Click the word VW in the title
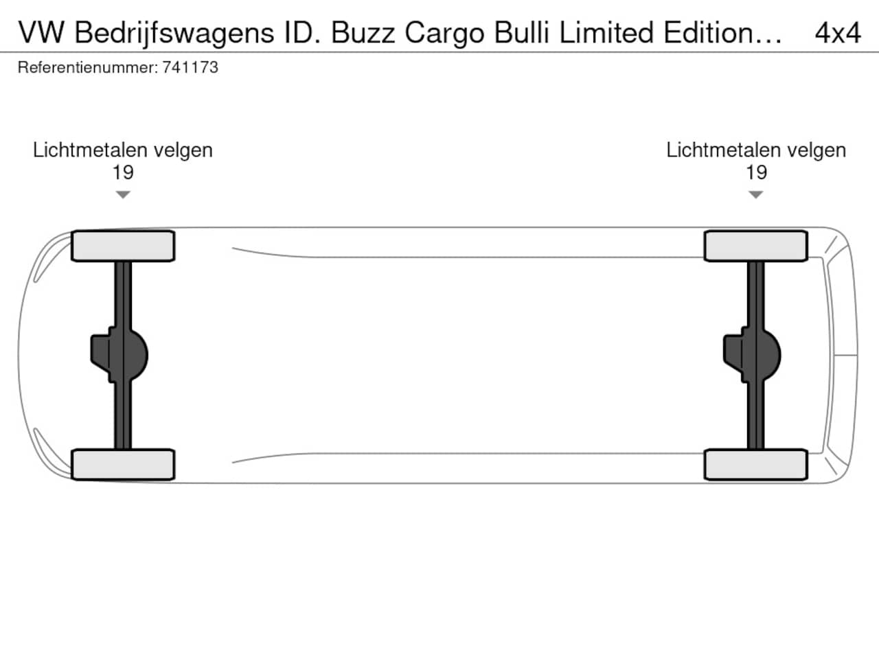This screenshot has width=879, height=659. pos(41,33)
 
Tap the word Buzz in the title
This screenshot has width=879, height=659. pos(363,33)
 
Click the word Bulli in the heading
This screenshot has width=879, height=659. pos(521,32)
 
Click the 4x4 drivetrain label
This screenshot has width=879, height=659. pos(838,33)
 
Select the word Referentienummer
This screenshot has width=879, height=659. pos(88,67)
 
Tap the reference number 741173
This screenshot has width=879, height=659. pos(190,67)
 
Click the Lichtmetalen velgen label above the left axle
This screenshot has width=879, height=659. pos(122,150)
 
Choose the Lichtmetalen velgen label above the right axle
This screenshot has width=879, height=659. pos(756,150)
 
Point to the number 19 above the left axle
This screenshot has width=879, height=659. pos(123,172)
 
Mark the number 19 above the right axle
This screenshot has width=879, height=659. pos(757,172)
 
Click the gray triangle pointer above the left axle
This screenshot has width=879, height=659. pos(123,194)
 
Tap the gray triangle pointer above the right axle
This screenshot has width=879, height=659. pos(755,194)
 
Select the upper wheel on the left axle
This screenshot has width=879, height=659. pos(123,246)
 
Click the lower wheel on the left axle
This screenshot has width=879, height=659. pos(123,465)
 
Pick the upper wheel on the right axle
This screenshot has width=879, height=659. pos(755,246)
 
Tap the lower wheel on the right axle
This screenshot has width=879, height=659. pos(755,465)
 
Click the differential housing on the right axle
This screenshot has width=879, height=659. pos(752,355)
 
